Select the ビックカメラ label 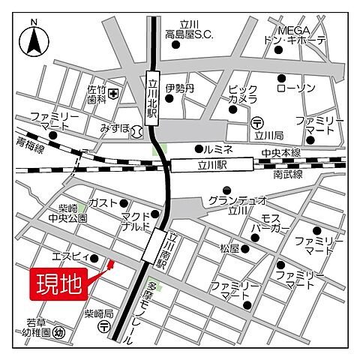[243, 94]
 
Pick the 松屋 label [229, 247]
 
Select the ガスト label [103, 203]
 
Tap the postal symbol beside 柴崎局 [103, 327]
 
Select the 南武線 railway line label [288, 174]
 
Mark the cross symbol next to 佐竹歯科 [112, 94]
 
